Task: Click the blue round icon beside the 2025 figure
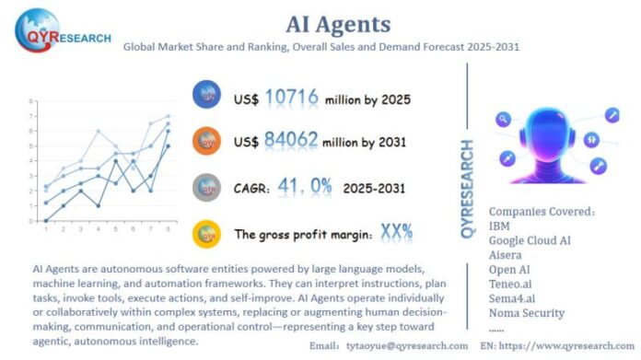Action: click(x=206, y=95)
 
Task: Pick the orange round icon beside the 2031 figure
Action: click(x=206, y=140)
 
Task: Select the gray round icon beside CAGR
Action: click(x=206, y=185)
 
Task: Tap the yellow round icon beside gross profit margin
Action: click(x=206, y=230)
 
